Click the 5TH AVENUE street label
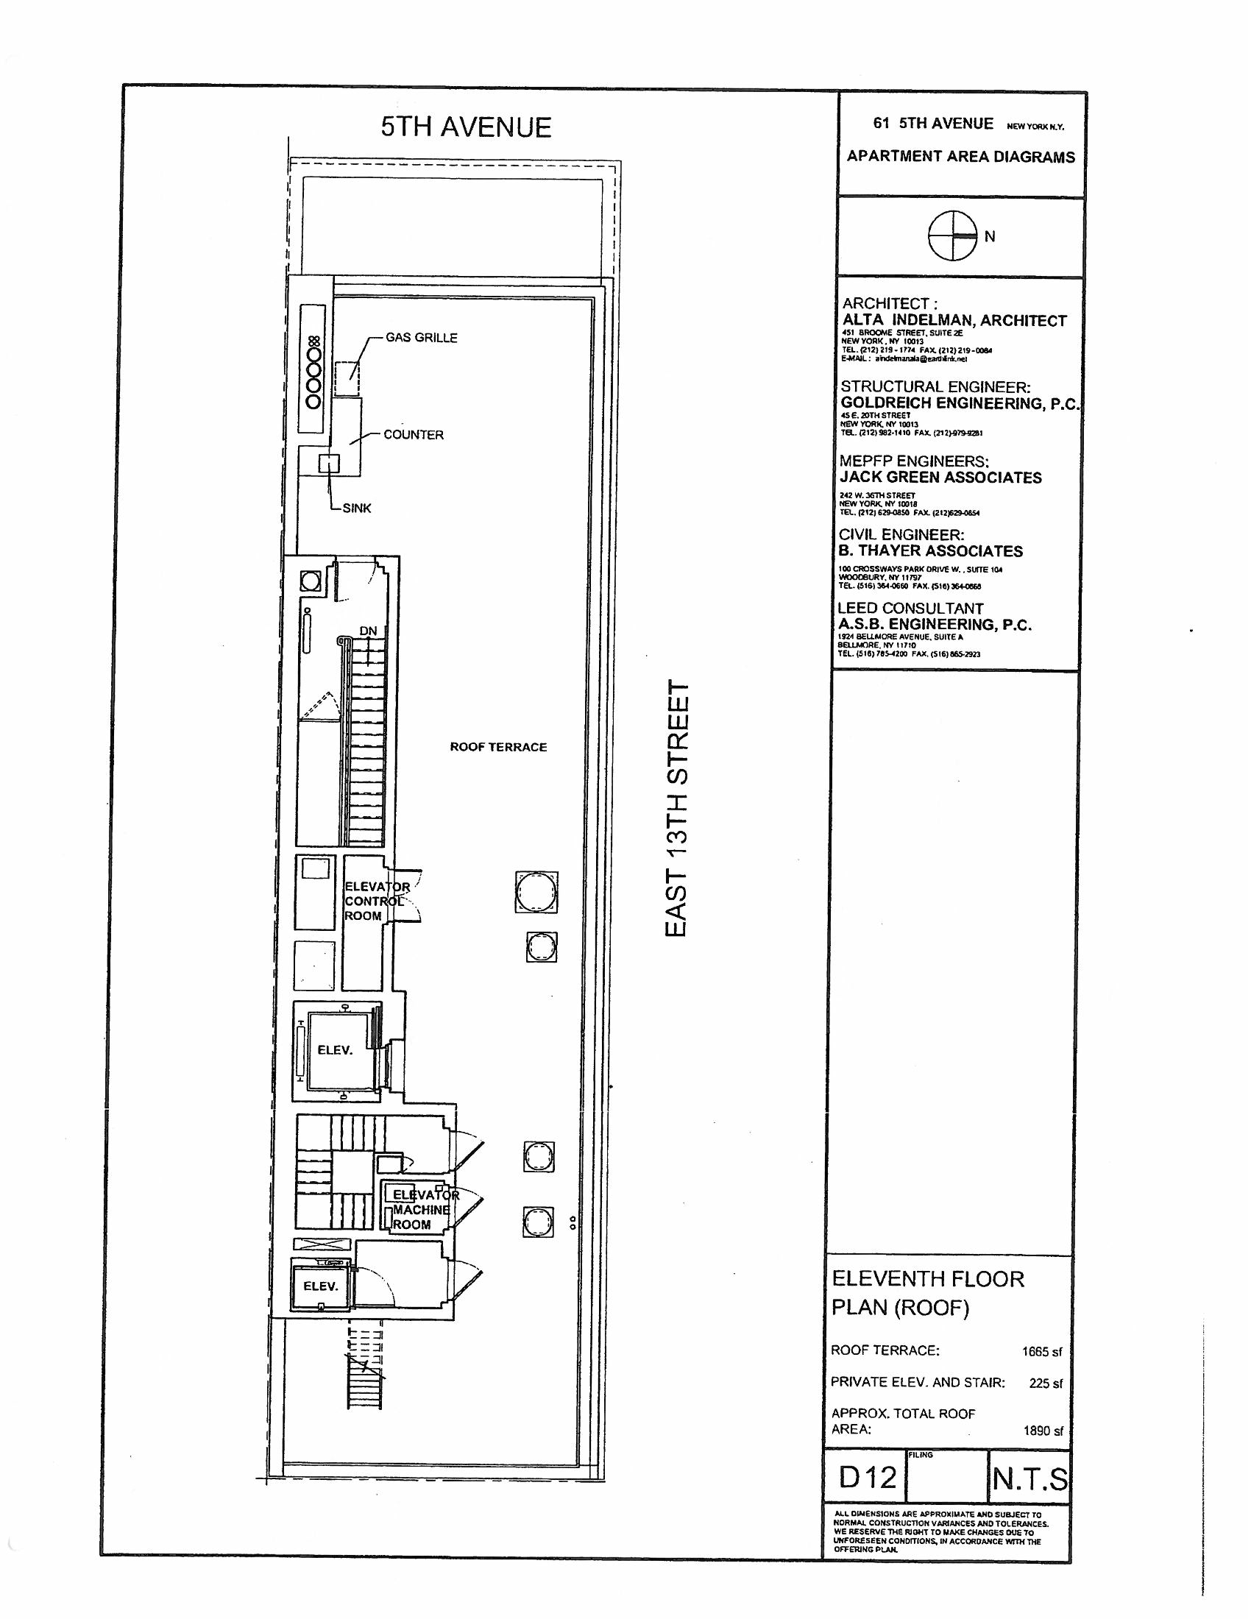click(466, 127)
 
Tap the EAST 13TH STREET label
click(677, 809)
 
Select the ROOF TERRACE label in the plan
click(498, 747)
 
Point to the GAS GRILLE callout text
click(421, 338)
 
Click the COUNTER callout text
click(414, 435)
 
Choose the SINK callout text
click(356, 509)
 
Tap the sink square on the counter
click(328, 464)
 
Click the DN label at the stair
click(369, 631)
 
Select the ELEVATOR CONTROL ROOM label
click(377, 901)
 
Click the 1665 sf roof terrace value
click(1041, 1351)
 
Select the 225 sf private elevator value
click(1045, 1384)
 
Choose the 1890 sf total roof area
click(1043, 1431)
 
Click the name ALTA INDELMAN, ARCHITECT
click(954, 321)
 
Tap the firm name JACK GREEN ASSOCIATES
click(940, 478)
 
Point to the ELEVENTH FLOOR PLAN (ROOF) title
click(928, 1294)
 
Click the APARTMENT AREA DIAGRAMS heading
click(960, 157)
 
